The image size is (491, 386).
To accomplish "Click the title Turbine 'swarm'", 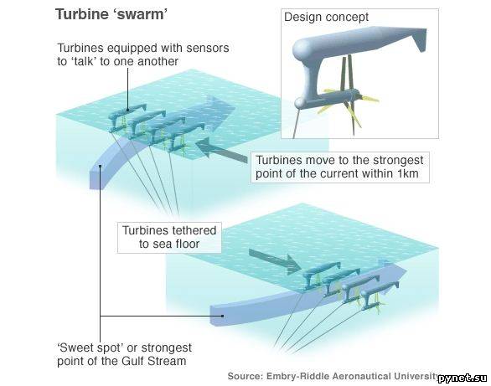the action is [111, 14].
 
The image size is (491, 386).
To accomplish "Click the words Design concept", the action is [326, 17].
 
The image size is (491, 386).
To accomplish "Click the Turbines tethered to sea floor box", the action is [169, 238].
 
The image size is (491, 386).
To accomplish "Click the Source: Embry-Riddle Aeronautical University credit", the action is [333, 376].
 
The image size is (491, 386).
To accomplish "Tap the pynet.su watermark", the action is [463, 378].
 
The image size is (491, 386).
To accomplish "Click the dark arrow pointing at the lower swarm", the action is [275, 260].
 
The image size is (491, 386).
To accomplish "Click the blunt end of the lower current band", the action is [218, 315].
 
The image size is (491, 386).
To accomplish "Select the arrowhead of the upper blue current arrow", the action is [221, 109].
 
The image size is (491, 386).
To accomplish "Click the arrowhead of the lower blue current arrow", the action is [394, 273].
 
